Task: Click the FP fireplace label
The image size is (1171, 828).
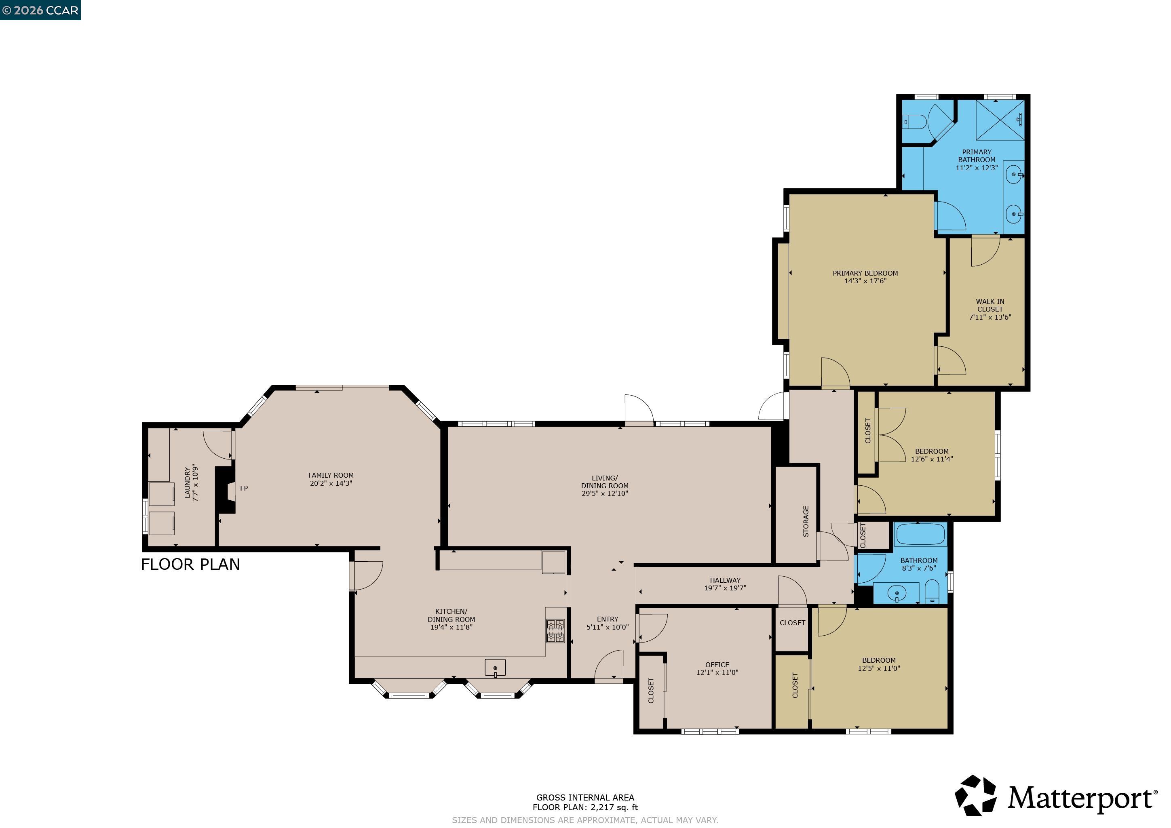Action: [x=244, y=489]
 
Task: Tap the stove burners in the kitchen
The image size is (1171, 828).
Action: [x=555, y=631]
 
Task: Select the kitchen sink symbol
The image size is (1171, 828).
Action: [x=495, y=668]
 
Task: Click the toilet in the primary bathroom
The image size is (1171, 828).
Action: [x=914, y=121]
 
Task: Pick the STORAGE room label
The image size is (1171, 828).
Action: [x=806, y=521]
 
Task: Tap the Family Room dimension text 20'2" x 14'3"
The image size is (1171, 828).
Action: [x=331, y=483]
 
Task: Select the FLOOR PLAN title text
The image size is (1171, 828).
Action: [x=190, y=565]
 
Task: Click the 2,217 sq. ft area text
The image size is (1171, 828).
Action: [x=614, y=807]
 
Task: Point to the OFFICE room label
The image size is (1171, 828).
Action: [x=717, y=665]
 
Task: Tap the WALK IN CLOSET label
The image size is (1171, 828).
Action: [x=990, y=305]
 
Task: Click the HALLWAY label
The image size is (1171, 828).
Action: [x=725, y=580]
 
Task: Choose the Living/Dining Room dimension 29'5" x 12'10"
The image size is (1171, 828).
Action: [x=605, y=493]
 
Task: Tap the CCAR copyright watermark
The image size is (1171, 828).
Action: [x=40, y=10]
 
